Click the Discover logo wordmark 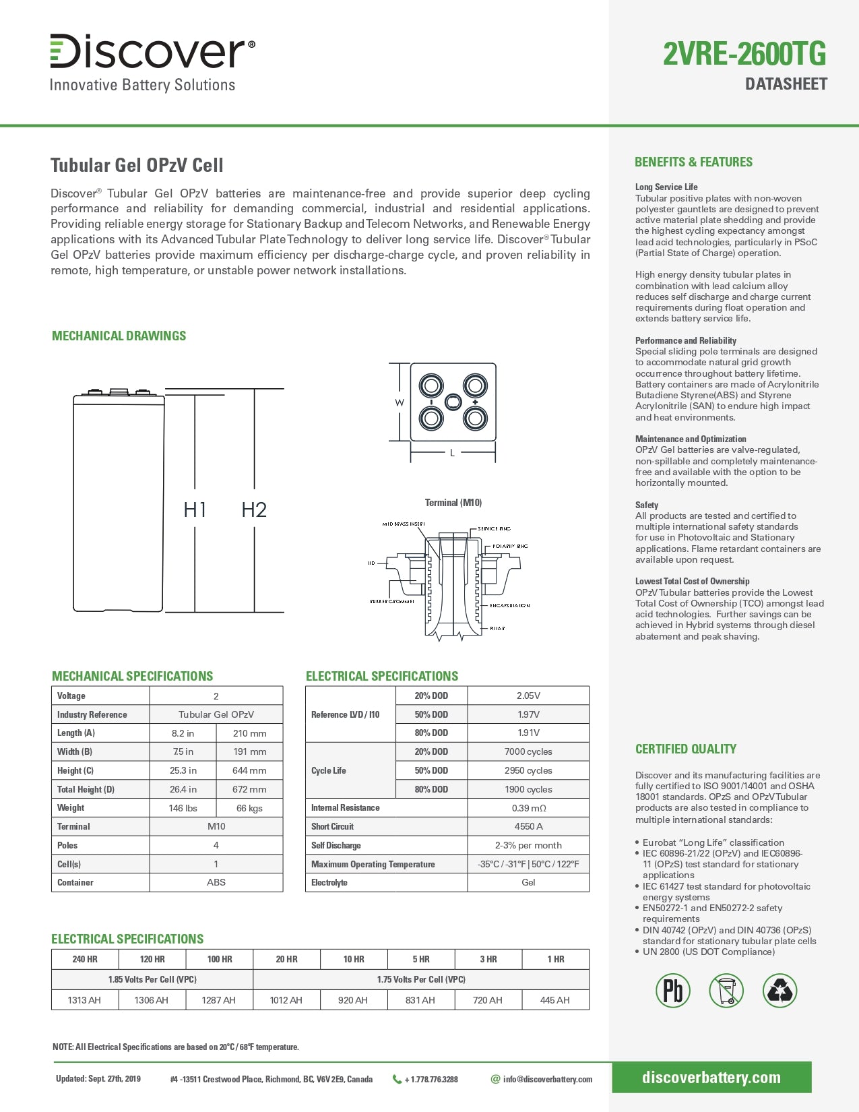point(152,51)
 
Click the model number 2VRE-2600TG point(744,54)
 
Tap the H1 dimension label point(195,509)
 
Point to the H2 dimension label point(254,509)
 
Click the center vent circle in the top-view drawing point(453,402)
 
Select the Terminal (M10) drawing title point(453,503)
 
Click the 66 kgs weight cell point(249,808)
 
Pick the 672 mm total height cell point(249,789)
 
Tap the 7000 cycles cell point(528,751)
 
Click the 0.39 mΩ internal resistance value point(528,808)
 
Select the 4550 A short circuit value point(528,826)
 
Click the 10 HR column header point(354,959)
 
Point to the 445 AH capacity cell point(555,1000)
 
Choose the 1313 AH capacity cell point(84,1000)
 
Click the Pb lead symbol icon point(673,991)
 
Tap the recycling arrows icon point(780,991)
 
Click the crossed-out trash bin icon point(726,991)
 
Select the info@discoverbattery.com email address point(547,1079)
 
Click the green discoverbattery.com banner point(711,1077)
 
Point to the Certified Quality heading point(686,749)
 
